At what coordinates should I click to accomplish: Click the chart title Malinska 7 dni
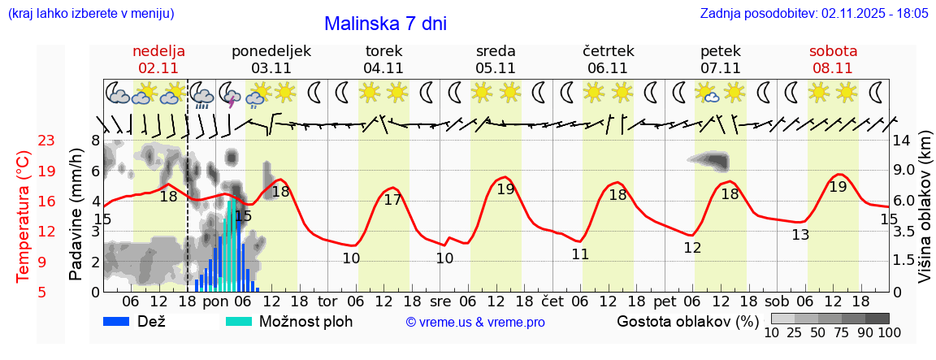(385, 24)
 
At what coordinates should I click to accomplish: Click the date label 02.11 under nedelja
(159, 68)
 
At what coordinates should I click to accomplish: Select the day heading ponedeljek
(271, 51)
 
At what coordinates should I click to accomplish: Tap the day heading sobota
(833, 51)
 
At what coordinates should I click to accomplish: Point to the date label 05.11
(496, 68)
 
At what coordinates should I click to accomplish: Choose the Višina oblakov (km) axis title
(925, 219)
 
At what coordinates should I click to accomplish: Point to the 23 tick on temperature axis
(46, 141)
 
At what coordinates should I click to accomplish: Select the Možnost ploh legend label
(305, 321)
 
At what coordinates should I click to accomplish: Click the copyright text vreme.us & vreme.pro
(475, 323)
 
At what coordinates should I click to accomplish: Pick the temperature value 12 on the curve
(692, 248)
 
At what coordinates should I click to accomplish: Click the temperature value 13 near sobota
(800, 235)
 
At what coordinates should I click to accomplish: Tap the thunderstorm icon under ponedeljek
(230, 94)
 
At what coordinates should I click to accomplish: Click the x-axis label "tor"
(327, 301)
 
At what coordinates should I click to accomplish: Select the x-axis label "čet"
(552, 301)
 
